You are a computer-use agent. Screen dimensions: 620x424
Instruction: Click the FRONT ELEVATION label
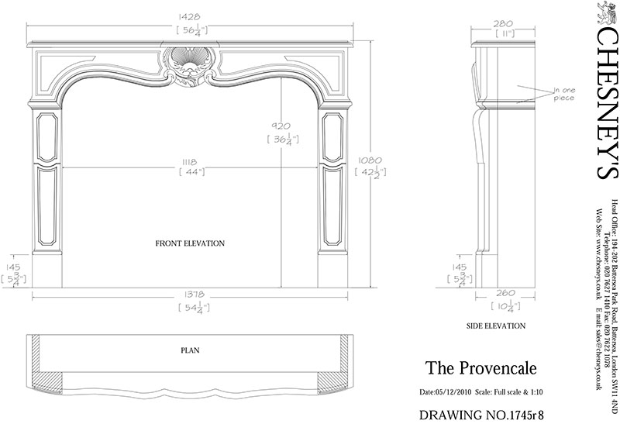190,243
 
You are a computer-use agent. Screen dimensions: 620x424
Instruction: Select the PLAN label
190,350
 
